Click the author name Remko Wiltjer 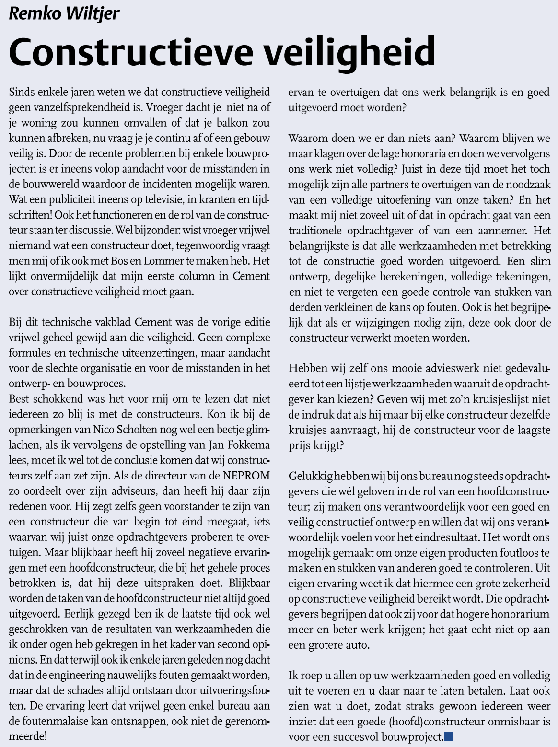pyautogui.click(x=64, y=13)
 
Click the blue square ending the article pyautogui.click(x=449, y=736)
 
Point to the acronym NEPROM pyautogui.click(x=246, y=476)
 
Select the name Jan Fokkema pyautogui.click(x=239, y=445)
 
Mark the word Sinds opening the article pyautogui.click(x=22, y=92)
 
